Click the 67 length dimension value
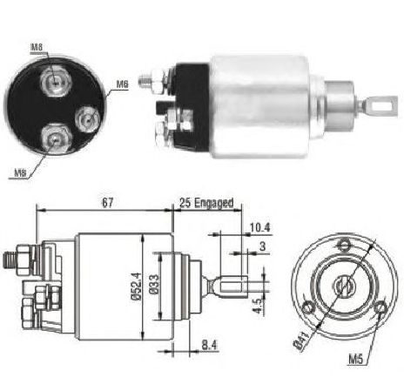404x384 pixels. pos(107,202)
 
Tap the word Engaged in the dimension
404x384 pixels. pos(213,203)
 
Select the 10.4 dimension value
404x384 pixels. pos(260,227)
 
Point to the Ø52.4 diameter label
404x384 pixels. pos(138,286)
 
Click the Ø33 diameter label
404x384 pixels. pos(155,284)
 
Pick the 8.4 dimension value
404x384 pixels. pos(209,345)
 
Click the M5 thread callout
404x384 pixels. pos(355,360)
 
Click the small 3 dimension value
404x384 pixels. pos(262,246)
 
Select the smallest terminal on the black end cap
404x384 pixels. pos(87,119)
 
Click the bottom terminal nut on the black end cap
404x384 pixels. pos(55,138)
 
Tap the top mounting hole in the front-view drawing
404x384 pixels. pos(344,245)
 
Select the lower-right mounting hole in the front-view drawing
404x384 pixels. pos(380,307)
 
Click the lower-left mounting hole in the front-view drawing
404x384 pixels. pos(308,307)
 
